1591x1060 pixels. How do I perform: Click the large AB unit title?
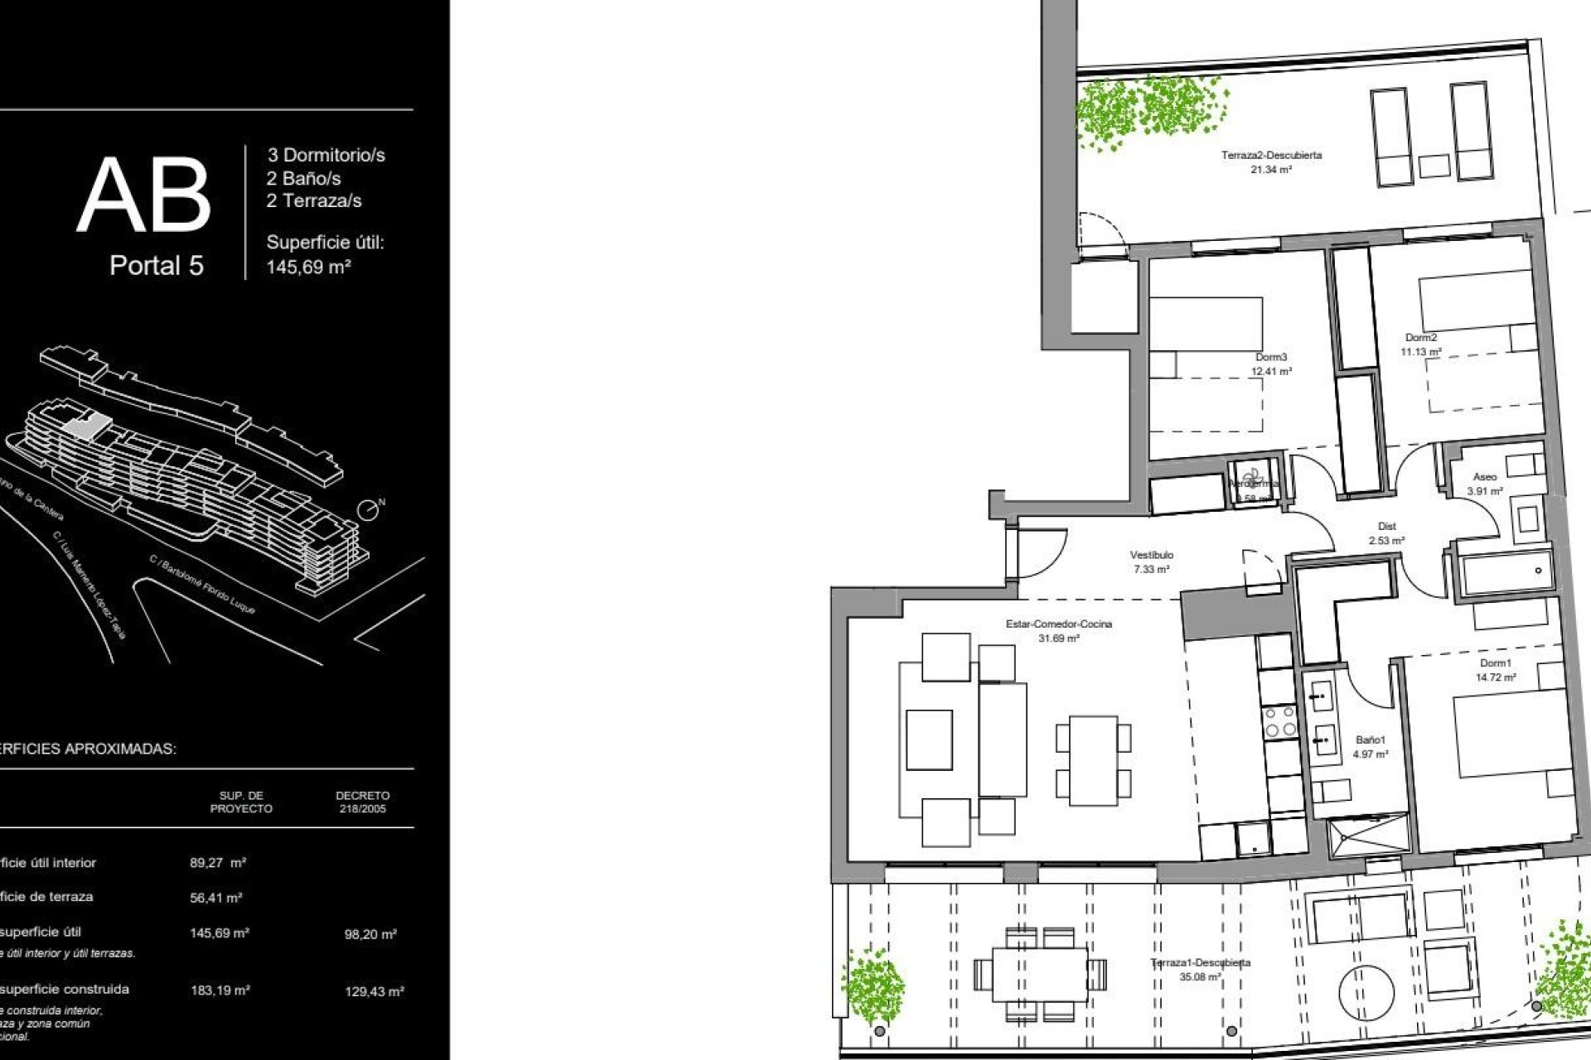pyautogui.click(x=144, y=195)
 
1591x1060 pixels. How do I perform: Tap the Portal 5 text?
pyautogui.click(x=157, y=266)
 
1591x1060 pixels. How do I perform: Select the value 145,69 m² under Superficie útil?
pyautogui.click(x=308, y=267)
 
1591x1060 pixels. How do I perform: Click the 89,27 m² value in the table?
pyautogui.click(x=218, y=863)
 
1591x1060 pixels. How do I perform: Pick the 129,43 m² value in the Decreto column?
pyautogui.click(x=375, y=991)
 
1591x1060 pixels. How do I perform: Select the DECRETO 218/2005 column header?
pyautogui.click(x=362, y=802)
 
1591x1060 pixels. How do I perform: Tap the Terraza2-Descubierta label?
pyautogui.click(x=1271, y=155)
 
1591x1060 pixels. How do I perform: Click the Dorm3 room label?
pyautogui.click(x=1271, y=357)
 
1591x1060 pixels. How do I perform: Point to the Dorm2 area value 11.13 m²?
pyautogui.click(x=1421, y=352)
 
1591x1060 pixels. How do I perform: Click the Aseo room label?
pyautogui.click(x=1485, y=477)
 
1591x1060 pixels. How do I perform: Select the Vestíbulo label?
pyautogui.click(x=1152, y=555)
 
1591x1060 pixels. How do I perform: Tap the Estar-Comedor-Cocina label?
pyautogui.click(x=1059, y=624)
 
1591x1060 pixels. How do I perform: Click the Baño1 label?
pyautogui.click(x=1371, y=740)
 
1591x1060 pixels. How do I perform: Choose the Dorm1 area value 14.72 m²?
pyautogui.click(x=1496, y=677)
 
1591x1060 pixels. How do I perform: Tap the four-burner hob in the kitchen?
pyautogui.click(x=1279, y=721)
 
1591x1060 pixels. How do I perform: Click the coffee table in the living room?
pyautogui.click(x=929, y=740)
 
